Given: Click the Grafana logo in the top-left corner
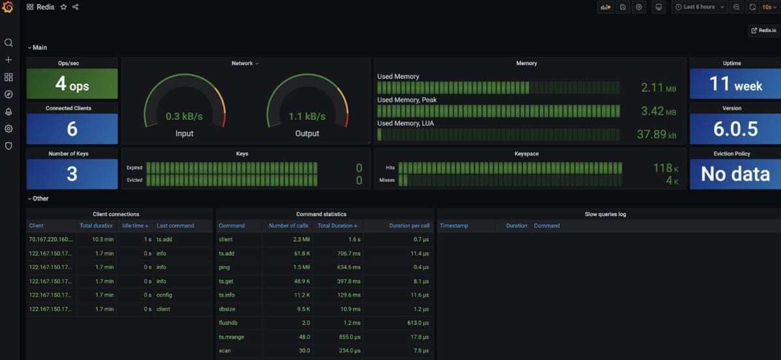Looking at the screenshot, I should click(8, 7).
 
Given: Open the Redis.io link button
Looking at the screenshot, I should click(763, 31).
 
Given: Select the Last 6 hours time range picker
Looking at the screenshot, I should click(699, 7).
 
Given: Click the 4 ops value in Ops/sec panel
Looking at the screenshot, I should click(72, 85).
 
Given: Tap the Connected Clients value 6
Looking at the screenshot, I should click(72, 130).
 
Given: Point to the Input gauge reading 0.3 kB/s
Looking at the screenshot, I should click(184, 117).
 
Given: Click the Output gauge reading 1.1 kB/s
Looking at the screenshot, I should click(307, 117).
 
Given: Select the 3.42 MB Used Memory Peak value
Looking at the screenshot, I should click(661, 111).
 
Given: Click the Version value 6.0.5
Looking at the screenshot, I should click(735, 129).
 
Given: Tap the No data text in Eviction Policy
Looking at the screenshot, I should click(735, 174).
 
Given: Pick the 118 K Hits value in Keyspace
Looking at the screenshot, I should click(666, 169).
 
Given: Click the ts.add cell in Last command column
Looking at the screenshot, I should click(165, 240).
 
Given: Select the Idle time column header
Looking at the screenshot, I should click(135, 226).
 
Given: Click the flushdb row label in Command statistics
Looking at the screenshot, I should click(228, 323).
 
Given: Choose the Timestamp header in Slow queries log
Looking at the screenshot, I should click(454, 226).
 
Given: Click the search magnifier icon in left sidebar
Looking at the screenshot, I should click(8, 43).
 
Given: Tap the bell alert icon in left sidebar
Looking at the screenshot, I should click(8, 111).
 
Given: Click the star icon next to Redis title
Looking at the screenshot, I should click(63, 7).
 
